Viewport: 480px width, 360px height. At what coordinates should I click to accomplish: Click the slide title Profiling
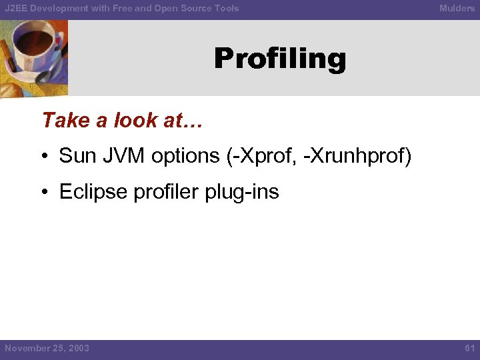pyautogui.click(x=280, y=59)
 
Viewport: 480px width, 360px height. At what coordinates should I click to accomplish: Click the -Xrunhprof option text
pyautogui.click(x=359, y=156)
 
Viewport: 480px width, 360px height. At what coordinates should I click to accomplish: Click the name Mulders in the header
pyautogui.click(x=457, y=9)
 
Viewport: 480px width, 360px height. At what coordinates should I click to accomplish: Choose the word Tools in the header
pyautogui.click(x=225, y=9)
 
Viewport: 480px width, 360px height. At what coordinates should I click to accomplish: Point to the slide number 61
pyautogui.click(x=469, y=348)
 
